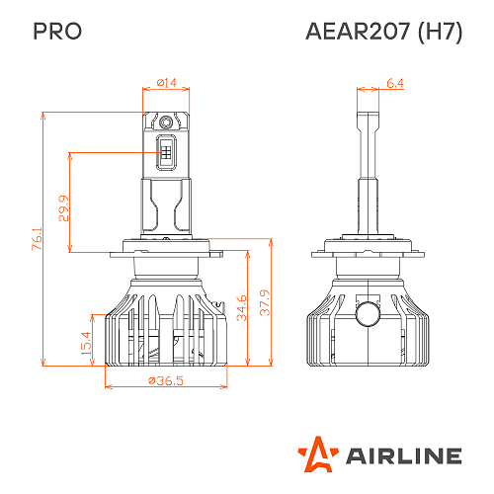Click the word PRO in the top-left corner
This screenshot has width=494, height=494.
57,31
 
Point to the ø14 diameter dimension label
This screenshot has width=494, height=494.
167,84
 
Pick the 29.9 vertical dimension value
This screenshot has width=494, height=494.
64,207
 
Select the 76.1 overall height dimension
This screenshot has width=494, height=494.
37,241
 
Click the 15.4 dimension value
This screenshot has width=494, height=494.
85,342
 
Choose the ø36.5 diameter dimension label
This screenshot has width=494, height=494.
166,381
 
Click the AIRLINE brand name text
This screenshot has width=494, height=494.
403,455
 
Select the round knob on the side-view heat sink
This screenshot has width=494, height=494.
369,313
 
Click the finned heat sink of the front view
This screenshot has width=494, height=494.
166,326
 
